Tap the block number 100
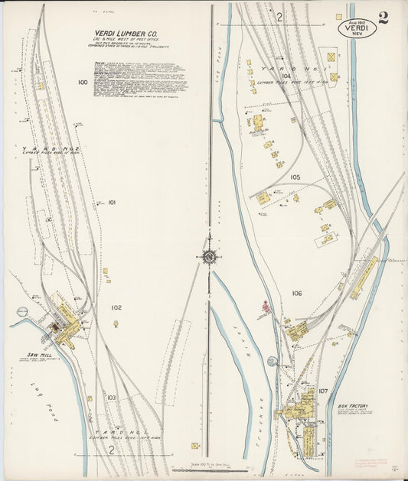83,82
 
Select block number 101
111,203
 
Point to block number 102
116,307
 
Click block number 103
111,398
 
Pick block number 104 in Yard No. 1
286,76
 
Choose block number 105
295,177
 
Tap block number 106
297,293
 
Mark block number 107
323,391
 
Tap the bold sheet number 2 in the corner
383,18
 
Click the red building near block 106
266,308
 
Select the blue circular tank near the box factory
271,361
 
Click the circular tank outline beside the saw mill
22,311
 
